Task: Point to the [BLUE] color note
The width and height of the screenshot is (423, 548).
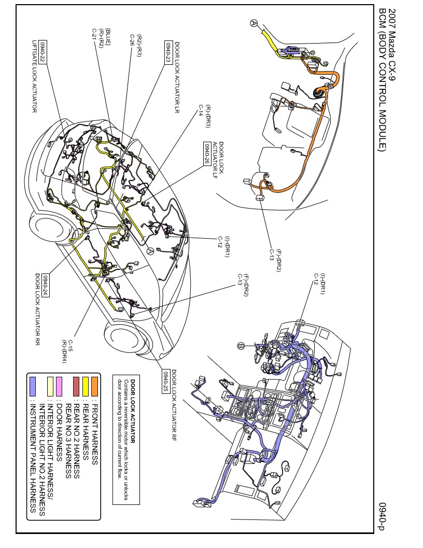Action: click(x=108, y=37)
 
